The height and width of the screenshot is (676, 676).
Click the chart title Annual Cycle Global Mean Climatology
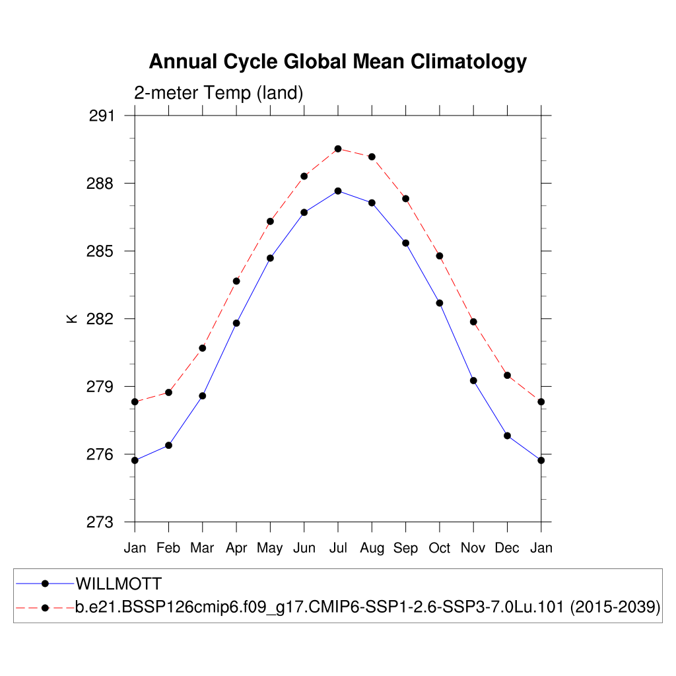click(x=337, y=61)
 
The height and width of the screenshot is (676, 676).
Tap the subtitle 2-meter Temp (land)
click(x=219, y=93)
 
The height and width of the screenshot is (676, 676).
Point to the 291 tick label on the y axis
click(x=101, y=116)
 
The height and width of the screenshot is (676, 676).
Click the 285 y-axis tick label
click(x=101, y=252)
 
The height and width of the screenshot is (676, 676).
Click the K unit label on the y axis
click(x=72, y=319)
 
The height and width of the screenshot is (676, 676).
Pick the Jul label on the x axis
click(x=338, y=548)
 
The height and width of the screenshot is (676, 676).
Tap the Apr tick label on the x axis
click(x=236, y=548)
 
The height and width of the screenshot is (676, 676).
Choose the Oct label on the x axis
click(x=440, y=548)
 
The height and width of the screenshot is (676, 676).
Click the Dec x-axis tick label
click(x=507, y=548)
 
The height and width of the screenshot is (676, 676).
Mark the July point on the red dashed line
click(x=338, y=149)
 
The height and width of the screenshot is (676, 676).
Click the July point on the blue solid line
click(x=338, y=191)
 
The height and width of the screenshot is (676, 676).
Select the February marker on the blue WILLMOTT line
click(x=168, y=445)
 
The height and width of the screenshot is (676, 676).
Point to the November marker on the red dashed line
click(x=473, y=321)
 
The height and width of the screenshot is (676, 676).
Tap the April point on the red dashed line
click(x=236, y=281)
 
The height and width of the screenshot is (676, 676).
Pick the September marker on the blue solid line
click(x=406, y=243)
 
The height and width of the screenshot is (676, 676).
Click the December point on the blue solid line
click(x=507, y=436)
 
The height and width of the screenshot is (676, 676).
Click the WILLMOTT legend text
click(x=119, y=584)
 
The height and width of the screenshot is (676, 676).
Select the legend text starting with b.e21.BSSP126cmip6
click(x=320, y=607)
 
